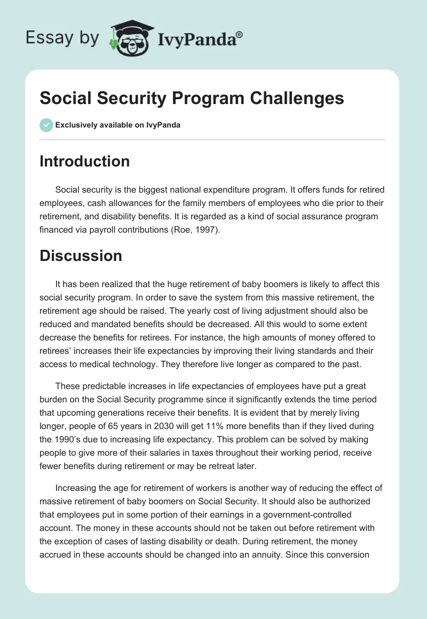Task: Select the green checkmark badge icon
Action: click(x=46, y=125)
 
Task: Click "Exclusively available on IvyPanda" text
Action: click(x=118, y=125)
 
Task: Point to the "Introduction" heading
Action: click(x=85, y=162)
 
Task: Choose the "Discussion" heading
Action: click(x=81, y=256)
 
